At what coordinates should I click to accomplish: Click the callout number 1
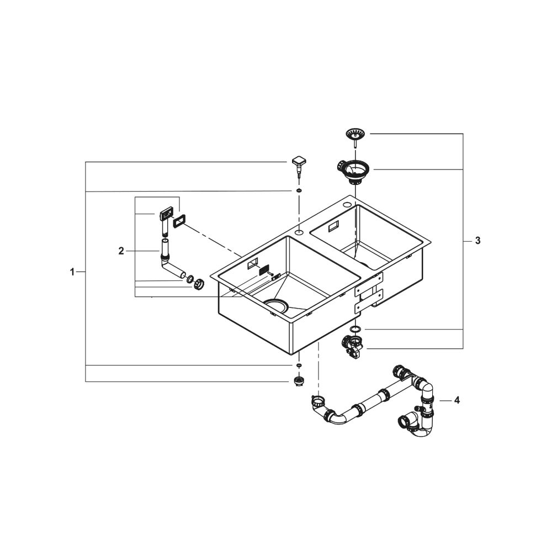[72, 272]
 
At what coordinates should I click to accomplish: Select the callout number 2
[121, 251]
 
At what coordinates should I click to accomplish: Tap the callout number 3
[477, 241]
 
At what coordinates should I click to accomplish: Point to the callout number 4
[457, 400]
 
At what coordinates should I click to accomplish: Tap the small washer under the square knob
[299, 191]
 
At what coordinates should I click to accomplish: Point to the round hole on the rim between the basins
[299, 233]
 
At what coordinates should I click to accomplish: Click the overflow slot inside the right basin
[333, 226]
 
